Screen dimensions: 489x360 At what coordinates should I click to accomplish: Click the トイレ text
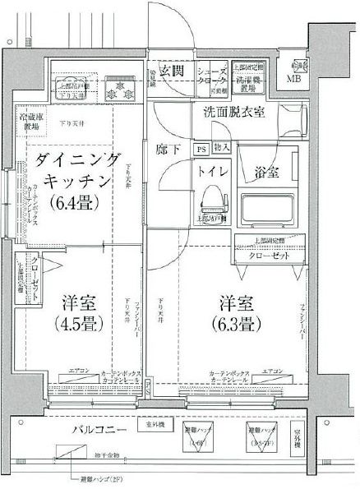point(213,173)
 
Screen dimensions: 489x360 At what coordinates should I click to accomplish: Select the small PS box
point(201,149)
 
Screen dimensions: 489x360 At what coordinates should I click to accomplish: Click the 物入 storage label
point(221,149)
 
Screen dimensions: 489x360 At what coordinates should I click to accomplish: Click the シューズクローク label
point(210,78)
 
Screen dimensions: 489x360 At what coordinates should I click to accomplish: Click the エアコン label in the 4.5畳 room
point(80,371)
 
